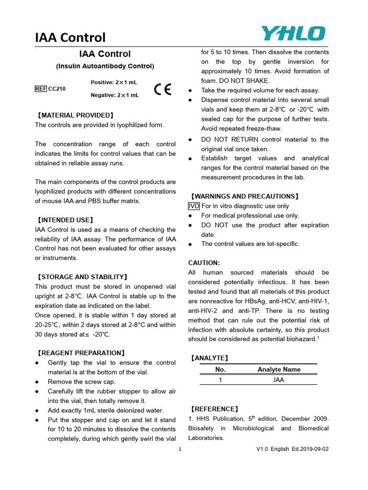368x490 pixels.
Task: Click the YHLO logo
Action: (293, 34)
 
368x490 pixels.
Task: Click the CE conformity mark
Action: (163, 89)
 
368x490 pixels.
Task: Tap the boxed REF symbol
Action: (41, 89)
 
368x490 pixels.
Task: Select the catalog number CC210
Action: (57, 89)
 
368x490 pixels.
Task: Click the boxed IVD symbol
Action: (194, 206)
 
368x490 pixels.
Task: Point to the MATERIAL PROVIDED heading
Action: (75, 115)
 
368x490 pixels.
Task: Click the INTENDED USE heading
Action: (65, 220)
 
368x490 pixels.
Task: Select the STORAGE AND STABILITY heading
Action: (82, 277)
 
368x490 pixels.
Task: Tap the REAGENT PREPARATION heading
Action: (81, 353)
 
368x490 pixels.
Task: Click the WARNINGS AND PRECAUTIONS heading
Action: (244, 196)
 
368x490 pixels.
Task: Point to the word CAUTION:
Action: (204, 263)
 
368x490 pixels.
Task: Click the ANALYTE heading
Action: (209, 358)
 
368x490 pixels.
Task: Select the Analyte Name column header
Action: (279, 369)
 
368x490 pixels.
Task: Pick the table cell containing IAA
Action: (279, 379)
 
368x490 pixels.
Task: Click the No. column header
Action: (220, 369)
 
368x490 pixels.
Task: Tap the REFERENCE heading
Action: (214, 409)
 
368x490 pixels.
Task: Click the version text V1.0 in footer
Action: (263, 449)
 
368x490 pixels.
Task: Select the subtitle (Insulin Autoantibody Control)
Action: (105, 66)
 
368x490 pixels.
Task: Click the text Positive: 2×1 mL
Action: (115, 83)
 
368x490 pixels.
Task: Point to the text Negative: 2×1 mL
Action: (115, 95)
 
